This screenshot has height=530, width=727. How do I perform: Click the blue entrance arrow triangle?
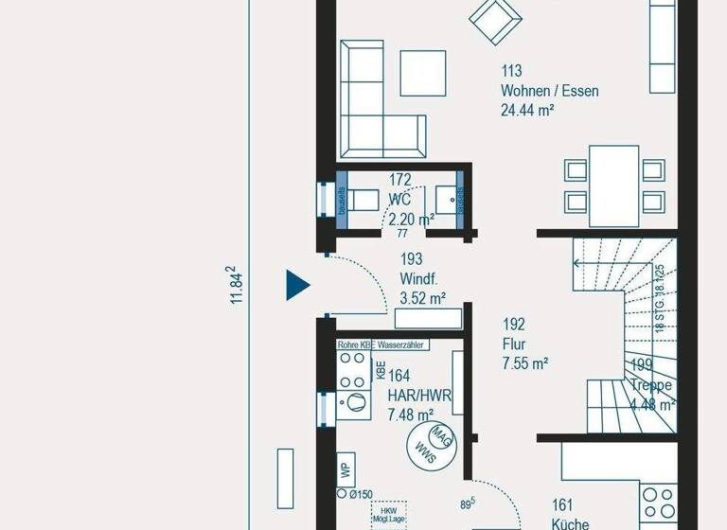click(297, 284)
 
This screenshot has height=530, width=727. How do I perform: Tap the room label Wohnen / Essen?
click(550, 92)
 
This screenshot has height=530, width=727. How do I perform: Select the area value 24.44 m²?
click(527, 110)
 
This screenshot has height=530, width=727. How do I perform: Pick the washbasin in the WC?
click(446, 200)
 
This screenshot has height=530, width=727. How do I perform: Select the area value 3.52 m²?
click(422, 298)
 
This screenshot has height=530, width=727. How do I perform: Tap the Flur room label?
click(515, 344)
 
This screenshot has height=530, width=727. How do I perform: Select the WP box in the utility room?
click(346, 468)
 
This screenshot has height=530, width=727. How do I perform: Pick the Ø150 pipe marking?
click(358, 494)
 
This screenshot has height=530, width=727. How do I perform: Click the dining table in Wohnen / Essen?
click(613, 180)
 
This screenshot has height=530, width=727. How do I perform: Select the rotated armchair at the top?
click(494, 19)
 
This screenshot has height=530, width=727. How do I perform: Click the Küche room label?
click(570, 523)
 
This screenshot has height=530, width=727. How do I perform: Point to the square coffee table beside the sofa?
click(423, 73)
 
